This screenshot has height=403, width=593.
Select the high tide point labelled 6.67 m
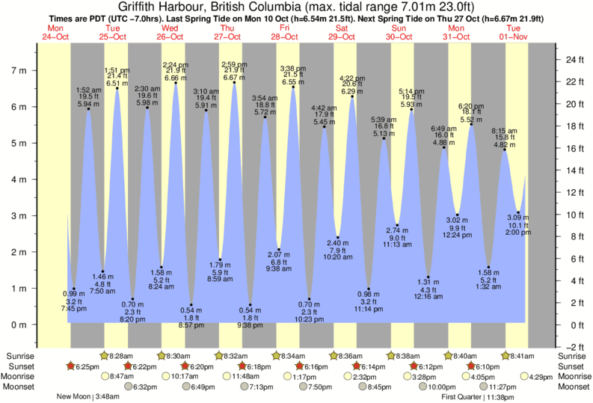235,82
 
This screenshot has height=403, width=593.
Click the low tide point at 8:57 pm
191,305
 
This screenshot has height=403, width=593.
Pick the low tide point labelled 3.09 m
519,212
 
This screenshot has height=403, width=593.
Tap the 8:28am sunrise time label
123,356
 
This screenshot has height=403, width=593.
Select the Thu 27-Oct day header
227,32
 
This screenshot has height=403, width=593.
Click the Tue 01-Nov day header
515,32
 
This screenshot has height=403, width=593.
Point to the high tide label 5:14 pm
412,90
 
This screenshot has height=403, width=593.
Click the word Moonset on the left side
18,387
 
